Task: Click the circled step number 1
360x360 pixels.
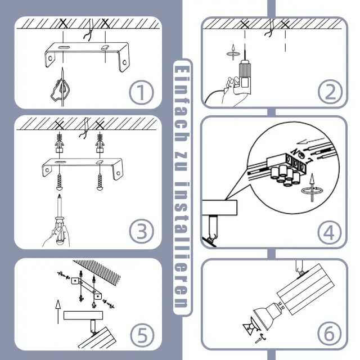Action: point(141,92)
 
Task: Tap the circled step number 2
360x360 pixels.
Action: point(330,92)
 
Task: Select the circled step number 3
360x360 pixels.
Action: point(141,231)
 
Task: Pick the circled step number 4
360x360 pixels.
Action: point(329,232)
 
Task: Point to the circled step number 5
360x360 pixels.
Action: point(142,335)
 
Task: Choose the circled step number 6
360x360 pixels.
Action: point(329,334)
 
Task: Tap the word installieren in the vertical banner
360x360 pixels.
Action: point(182,245)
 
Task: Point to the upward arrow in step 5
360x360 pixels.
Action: point(58,312)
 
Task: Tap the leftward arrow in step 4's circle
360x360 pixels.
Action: point(312,141)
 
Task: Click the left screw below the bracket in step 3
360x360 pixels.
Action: point(60,182)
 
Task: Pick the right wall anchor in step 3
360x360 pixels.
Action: point(100,143)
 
